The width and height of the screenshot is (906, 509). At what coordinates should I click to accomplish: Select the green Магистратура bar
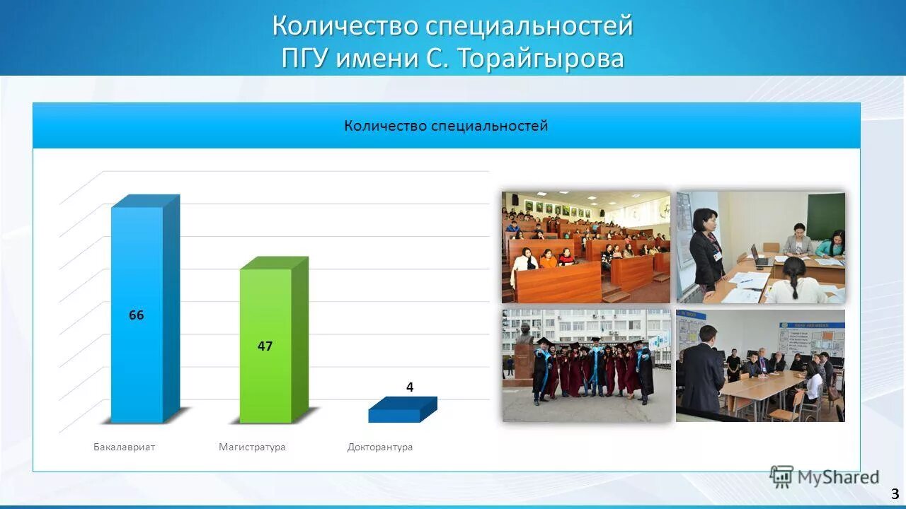tap(265, 382)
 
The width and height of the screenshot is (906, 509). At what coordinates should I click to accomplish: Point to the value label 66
tap(136, 315)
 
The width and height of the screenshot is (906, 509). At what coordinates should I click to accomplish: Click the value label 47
tap(265, 346)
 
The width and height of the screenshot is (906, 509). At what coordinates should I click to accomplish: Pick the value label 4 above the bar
tap(409, 387)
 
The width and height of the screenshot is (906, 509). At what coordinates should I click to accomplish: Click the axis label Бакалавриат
tap(124, 447)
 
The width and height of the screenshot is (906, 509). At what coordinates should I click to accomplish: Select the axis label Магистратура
tap(252, 447)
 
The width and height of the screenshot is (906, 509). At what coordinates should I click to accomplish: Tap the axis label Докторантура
tap(380, 447)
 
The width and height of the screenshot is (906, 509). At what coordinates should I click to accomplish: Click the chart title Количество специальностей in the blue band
tap(446, 126)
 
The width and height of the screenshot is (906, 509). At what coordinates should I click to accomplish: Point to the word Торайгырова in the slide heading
tap(541, 58)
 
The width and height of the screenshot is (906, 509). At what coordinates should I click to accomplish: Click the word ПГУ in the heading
tap(304, 58)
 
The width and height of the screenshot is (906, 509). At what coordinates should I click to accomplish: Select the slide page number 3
tap(895, 494)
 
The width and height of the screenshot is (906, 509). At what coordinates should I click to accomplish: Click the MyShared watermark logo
tap(824, 477)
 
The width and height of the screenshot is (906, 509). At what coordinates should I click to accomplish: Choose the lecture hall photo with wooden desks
tap(586, 247)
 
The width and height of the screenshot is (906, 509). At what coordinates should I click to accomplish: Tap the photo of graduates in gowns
tap(587, 365)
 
